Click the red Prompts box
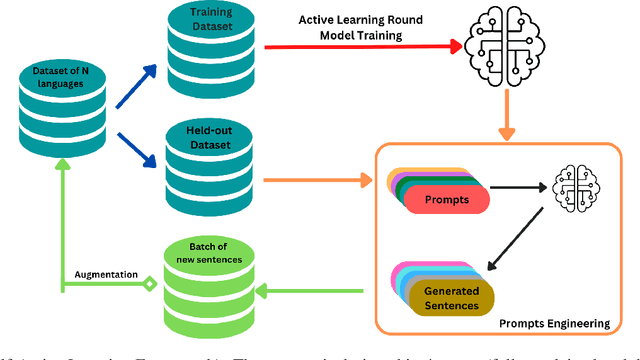pos(446,199)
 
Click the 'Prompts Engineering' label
pos(556,323)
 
